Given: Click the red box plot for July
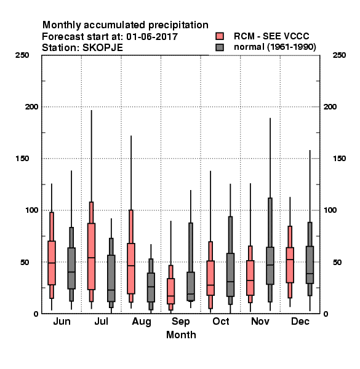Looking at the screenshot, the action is click(91, 256).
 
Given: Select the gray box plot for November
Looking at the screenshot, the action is click(270, 266).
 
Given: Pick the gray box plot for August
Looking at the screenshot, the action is click(151, 287).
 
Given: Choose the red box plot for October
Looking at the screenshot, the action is click(210, 278).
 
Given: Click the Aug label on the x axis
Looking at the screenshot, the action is click(142, 322).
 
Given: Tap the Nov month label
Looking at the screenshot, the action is click(260, 321).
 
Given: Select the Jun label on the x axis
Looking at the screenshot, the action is click(62, 321).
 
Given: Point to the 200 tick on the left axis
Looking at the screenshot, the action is click(31, 106).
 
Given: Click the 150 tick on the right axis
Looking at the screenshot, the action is click(339, 159).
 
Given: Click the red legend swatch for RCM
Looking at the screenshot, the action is click(220, 36).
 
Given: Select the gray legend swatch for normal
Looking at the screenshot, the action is click(220, 47).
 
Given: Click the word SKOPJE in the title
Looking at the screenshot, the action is click(103, 48).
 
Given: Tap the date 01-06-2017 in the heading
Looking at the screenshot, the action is click(152, 37).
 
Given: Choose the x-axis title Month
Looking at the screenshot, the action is click(181, 335).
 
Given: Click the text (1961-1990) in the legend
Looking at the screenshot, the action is click(292, 47).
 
